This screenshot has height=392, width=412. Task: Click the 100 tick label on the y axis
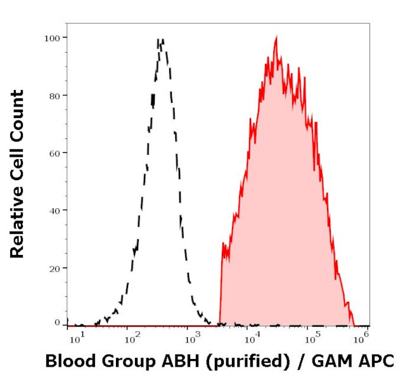click(51, 38)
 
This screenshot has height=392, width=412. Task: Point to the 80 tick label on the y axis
click(54, 96)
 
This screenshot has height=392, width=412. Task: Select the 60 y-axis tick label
click(54, 153)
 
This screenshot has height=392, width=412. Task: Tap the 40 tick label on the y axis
click(54, 210)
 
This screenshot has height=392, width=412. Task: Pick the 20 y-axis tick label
click(54, 268)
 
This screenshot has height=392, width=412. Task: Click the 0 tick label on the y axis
click(57, 322)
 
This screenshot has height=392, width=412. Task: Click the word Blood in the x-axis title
click(67, 362)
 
